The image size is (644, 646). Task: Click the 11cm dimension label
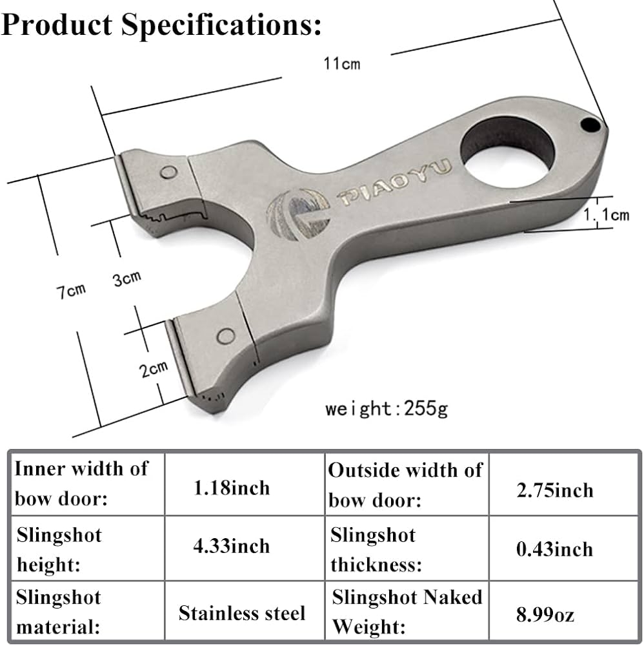pyautogui.click(x=342, y=63)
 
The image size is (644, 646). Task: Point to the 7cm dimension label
pyautogui.click(x=69, y=290)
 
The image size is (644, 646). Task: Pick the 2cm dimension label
pyautogui.click(x=154, y=369)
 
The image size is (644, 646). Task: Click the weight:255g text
pyautogui.click(x=386, y=408)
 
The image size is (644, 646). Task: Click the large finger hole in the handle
pyautogui.click(x=507, y=152)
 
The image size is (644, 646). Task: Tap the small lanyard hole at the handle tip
pyautogui.click(x=589, y=124)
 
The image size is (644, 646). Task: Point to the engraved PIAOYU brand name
pyautogui.click(x=396, y=183)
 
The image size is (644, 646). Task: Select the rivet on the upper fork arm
pyautogui.click(x=169, y=172)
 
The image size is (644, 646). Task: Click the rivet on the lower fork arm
pyautogui.click(x=226, y=335)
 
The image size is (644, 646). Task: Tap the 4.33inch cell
pyautogui.click(x=232, y=547)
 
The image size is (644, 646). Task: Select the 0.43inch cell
pyautogui.click(x=556, y=549)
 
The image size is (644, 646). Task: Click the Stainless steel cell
pyautogui.click(x=242, y=612)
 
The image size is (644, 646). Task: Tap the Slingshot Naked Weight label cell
pyautogui.click(x=407, y=611)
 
